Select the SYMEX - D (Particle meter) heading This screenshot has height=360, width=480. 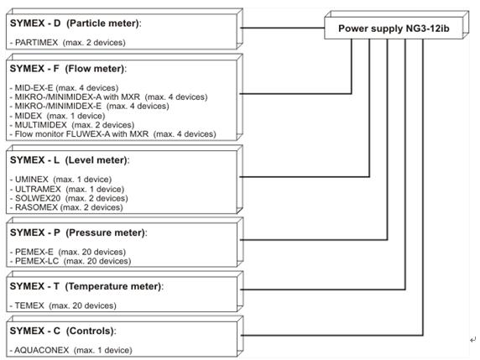76,23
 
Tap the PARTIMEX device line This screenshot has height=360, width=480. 68,42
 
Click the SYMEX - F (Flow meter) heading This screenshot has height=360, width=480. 68,69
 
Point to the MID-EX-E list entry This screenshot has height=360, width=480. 64,88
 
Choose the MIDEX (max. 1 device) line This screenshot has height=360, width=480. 57,116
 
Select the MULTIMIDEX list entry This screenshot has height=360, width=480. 72,125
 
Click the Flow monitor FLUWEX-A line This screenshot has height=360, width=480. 112,134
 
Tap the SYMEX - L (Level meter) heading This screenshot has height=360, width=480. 70,160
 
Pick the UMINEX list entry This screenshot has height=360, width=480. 60,179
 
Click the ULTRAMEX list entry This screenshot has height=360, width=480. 67,189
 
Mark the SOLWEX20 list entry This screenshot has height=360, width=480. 69,198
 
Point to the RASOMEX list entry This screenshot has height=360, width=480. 66,207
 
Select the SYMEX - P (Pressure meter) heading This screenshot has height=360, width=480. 79,233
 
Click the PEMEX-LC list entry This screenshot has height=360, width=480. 70,261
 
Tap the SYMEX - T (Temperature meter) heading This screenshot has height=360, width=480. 86,286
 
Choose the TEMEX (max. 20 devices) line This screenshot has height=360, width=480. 63,305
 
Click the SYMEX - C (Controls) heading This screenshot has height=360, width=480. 63,331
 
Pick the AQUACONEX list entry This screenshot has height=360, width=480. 71,350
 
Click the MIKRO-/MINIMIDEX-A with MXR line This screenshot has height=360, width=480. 109,97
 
